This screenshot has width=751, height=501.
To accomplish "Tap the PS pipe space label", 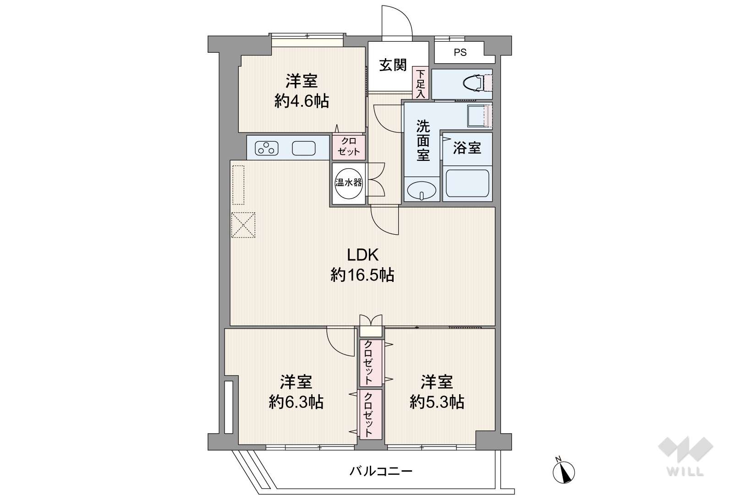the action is pyautogui.click(x=460, y=53).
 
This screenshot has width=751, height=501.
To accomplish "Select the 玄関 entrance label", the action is pyautogui.click(x=393, y=65).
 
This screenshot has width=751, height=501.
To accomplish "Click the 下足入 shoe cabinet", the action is pyautogui.click(x=421, y=84).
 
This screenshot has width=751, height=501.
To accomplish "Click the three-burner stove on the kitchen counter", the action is pyautogui.click(x=267, y=148).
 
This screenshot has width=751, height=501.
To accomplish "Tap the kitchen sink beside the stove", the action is pyautogui.click(x=304, y=148).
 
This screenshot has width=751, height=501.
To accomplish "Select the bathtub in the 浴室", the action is pyautogui.click(x=467, y=183).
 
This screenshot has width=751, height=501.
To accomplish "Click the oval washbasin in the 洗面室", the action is pyautogui.click(x=422, y=191).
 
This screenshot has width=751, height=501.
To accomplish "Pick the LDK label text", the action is pyautogui.click(x=363, y=255).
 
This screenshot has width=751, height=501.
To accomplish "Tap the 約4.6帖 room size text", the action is pyautogui.click(x=302, y=101).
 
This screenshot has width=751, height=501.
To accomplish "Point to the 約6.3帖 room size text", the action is pyautogui.click(x=296, y=402).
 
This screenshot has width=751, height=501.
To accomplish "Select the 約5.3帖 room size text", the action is pyautogui.click(x=437, y=402).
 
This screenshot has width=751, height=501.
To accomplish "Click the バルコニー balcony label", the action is pyautogui.click(x=381, y=472).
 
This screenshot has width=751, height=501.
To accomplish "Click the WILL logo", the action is pyautogui.click(x=685, y=456).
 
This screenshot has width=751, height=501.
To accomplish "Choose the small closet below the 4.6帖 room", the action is pyautogui.click(x=349, y=147).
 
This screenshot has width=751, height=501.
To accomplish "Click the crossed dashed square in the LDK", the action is pyautogui.click(x=243, y=225).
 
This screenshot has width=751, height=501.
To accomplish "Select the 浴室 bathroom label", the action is pyautogui.click(x=467, y=148).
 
